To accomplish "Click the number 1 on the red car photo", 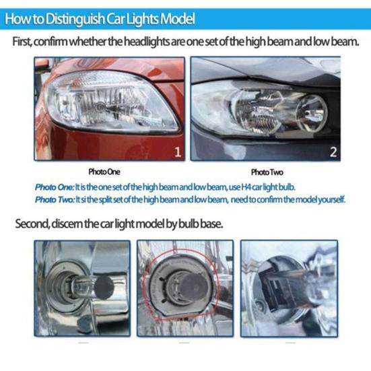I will tap(177, 152).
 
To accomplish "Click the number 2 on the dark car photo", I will tap(332, 152).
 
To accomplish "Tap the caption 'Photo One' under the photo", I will tap(106, 172).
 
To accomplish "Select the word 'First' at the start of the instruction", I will tap(28, 42).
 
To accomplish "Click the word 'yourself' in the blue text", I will tap(330, 199).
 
